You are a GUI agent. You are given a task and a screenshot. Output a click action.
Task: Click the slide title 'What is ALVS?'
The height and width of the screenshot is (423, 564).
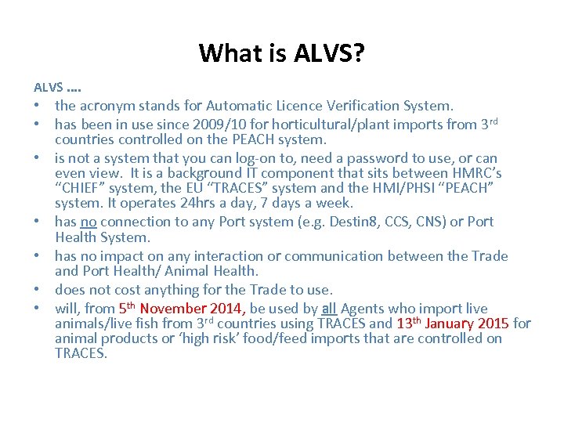[281, 53]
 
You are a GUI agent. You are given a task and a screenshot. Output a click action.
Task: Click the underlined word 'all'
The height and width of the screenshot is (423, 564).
[329, 309]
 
